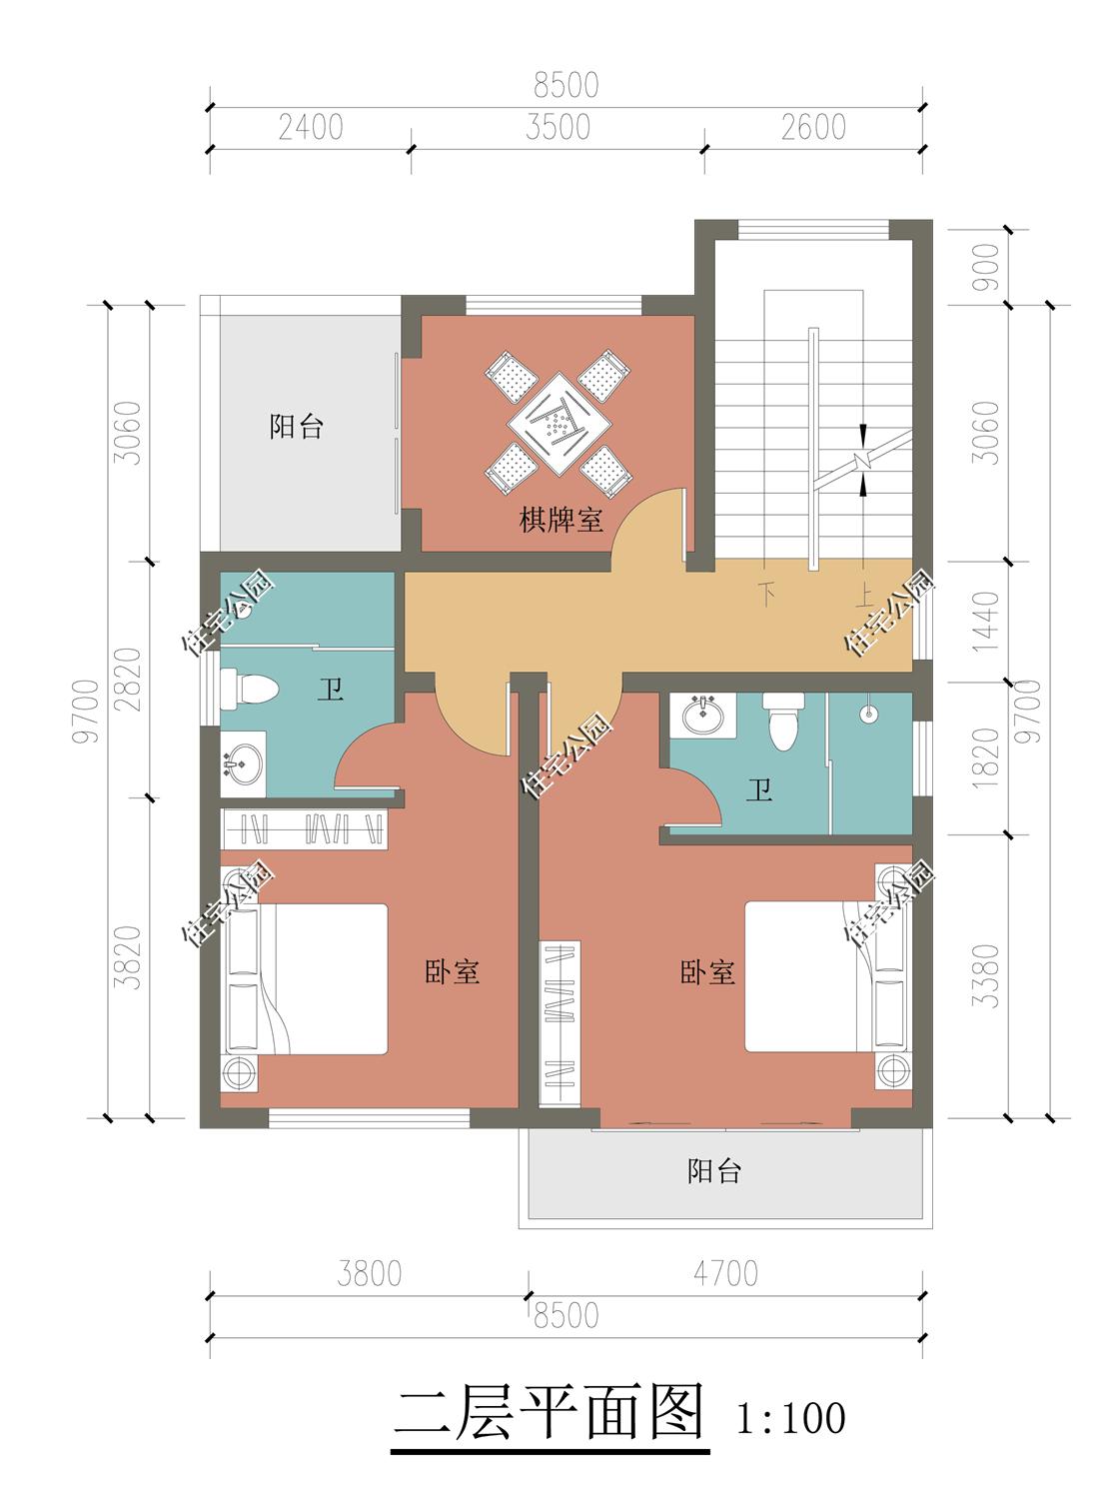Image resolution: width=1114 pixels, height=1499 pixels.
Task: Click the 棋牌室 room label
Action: [x=560, y=521]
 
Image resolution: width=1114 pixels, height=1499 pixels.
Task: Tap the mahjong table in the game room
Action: [x=559, y=425]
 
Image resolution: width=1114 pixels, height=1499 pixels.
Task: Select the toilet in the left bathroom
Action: [x=249, y=689]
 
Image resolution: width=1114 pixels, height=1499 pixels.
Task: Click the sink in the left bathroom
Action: [x=242, y=764]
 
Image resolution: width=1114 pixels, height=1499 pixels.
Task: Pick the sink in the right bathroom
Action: [x=702, y=716]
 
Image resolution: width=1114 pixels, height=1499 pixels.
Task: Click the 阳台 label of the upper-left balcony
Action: [x=296, y=427]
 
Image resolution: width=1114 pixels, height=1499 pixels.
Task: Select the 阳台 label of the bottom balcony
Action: [x=713, y=1170]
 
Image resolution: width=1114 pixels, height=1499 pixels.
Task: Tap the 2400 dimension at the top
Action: [x=311, y=127]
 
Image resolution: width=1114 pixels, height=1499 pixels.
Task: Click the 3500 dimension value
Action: [x=558, y=127]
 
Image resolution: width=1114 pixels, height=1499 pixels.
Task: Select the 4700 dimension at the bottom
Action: [x=726, y=1274]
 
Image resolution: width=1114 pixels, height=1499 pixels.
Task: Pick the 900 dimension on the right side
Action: [x=985, y=268]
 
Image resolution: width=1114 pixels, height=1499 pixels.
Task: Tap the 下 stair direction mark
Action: [x=767, y=594]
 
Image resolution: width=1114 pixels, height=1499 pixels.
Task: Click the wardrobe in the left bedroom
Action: [x=304, y=828]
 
